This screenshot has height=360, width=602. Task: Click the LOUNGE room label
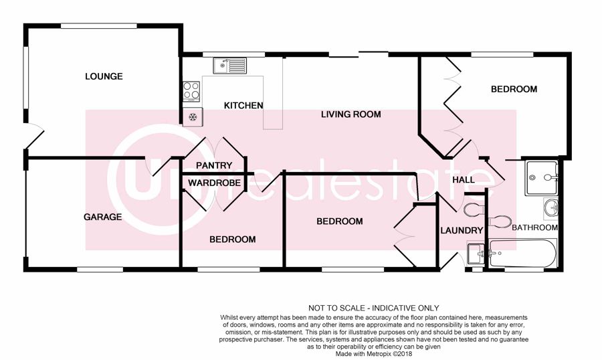[104, 76]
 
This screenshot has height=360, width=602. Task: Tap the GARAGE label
[102, 217]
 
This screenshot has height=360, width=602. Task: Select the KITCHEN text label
[243, 105]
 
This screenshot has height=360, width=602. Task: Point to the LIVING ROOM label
[351, 114]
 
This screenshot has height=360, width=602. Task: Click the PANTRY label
[214, 165]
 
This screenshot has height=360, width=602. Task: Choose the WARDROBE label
[214, 183]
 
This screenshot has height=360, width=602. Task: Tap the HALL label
[464, 180]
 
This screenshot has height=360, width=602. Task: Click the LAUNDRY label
[462, 231]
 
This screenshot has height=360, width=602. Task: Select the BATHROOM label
[534, 228]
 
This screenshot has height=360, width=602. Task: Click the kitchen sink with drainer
[230, 66]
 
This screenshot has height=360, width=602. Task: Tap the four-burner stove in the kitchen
[191, 92]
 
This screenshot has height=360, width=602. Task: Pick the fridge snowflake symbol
[193, 117]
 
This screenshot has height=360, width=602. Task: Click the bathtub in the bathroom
[522, 253]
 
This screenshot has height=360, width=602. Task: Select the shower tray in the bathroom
[541, 177]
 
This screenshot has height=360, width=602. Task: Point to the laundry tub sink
[476, 253]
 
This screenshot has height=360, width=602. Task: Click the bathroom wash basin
[551, 208]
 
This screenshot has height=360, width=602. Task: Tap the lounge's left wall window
[25, 77]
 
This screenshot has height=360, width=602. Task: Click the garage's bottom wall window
[100, 270]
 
